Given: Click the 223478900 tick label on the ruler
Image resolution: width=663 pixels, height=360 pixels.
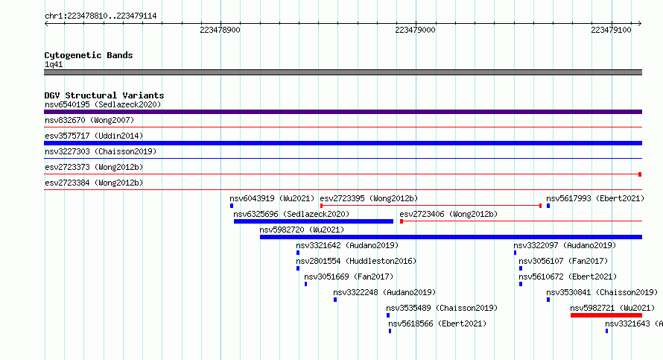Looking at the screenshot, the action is pos(220,30).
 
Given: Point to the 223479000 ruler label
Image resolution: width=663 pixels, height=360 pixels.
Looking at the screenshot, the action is pos(415,30).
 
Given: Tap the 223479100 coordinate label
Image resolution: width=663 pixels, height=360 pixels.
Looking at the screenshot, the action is pos(611,30).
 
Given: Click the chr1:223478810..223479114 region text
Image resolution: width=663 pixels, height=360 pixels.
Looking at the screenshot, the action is pos(101,16).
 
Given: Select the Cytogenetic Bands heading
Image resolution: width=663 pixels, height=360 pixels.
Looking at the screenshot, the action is pos(89,55).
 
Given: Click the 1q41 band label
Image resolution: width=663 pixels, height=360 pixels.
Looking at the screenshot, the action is pos(54,65).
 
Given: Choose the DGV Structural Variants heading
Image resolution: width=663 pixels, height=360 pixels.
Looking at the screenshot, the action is pos(104,95).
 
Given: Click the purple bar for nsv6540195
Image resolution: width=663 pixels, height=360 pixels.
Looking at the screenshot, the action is pos(343,112).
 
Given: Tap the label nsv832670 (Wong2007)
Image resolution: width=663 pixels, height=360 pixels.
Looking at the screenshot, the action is pos(89,120).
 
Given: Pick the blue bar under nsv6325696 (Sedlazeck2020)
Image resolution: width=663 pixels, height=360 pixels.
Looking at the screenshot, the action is pos(314,221).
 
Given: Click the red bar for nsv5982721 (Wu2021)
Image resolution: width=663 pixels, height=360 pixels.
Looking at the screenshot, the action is pos(606,315).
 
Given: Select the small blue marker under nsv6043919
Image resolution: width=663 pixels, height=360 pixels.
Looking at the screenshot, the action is pos(232,206).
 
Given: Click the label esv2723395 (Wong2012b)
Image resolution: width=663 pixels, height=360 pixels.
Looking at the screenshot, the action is pos(369,198).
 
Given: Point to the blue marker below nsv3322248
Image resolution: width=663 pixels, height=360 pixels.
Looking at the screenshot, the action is pos(335,300).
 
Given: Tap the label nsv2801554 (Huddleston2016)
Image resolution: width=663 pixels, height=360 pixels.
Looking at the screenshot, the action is pos(356,261).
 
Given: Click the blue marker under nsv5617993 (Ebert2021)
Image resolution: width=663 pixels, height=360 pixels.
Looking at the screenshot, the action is pos(548,206).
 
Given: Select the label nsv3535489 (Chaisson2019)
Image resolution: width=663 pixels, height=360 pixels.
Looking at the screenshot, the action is pos(442,308).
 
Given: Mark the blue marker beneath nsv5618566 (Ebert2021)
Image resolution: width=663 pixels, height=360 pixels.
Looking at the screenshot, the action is pos(390,331).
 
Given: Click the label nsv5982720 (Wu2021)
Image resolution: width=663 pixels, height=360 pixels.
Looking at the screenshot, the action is pos(302,230).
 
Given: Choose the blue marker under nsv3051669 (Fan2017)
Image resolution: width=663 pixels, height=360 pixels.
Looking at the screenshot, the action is pos(305,284).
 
